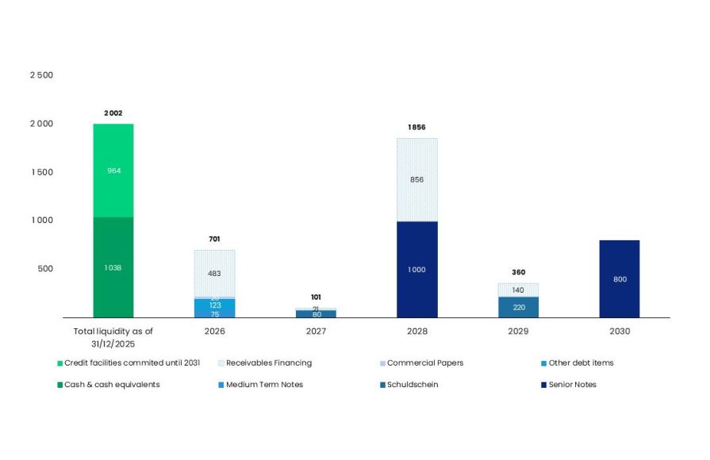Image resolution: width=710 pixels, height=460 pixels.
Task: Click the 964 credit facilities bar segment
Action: pos(113,171)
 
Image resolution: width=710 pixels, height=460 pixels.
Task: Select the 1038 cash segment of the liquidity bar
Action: pos(113,267)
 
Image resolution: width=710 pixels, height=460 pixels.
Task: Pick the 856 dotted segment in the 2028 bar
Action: pos(416,179)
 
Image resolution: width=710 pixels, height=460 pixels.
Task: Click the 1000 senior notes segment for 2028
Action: pos(416,270)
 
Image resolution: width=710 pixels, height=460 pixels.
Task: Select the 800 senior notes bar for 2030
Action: pos(620,278)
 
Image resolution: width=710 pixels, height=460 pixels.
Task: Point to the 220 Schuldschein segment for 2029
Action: pos(518,307)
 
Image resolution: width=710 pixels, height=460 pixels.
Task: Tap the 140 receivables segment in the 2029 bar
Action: pos(518,289)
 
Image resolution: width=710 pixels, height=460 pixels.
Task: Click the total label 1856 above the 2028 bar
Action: pos(416,127)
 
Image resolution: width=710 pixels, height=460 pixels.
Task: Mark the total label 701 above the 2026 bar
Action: pos(214,239)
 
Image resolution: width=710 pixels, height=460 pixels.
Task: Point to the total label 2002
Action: pos(113,113)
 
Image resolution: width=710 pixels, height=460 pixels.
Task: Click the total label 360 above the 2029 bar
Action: pos(518,272)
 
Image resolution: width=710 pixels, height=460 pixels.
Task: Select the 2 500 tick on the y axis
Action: pos(41,75)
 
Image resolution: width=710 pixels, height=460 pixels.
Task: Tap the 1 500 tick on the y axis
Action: pos(41,172)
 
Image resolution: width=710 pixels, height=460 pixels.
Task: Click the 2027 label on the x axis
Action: pos(316,331)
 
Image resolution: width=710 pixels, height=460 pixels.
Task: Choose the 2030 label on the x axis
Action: pos(620,331)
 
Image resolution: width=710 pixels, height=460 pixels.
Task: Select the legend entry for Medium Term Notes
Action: pos(262,385)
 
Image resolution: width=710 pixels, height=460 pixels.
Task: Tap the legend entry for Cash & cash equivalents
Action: pos(112,385)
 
